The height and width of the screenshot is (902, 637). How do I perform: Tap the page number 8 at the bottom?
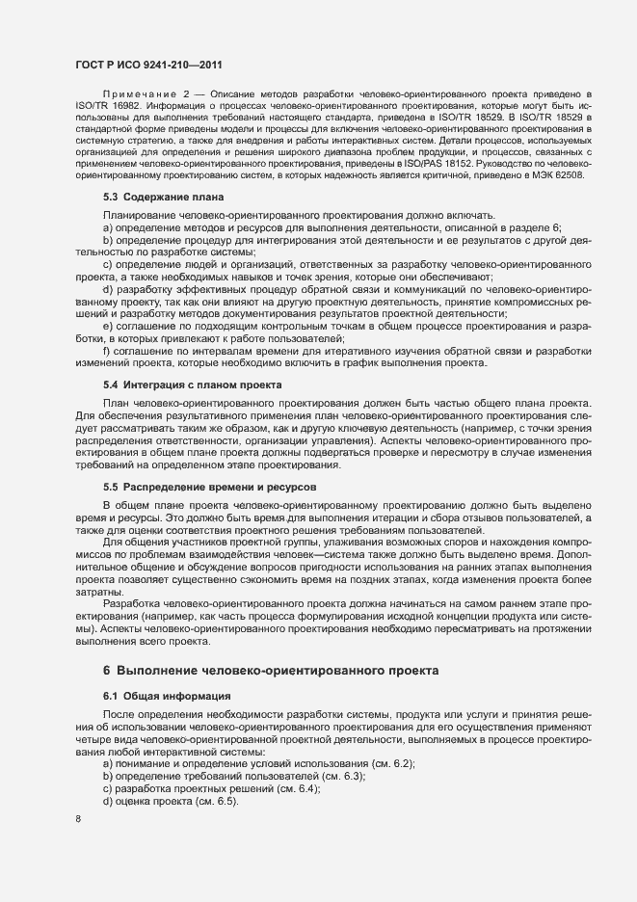click(x=79, y=819)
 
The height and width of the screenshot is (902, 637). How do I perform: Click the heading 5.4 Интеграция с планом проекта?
click(x=192, y=385)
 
